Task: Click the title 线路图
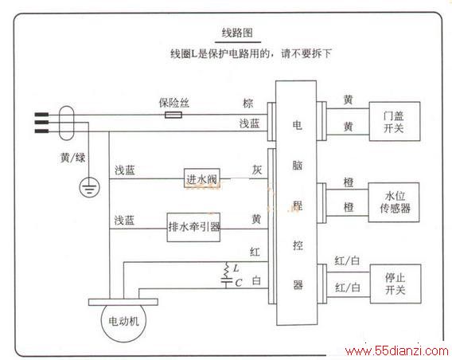237,33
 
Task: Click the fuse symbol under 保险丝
173,115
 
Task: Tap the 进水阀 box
202,178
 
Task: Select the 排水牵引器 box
193,227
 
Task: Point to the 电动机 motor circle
123,321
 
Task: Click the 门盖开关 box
395,121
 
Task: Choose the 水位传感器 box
394,202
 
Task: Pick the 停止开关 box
395,284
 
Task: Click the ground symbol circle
90,187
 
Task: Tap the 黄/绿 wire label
72,158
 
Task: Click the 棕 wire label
248,104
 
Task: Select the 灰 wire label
257,170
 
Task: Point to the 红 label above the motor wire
255,252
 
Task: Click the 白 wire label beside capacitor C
256,280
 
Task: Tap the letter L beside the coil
236,268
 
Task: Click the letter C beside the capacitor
239,283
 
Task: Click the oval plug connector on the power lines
66,123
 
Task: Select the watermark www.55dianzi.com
397,351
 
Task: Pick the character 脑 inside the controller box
297,166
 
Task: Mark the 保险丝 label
174,103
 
